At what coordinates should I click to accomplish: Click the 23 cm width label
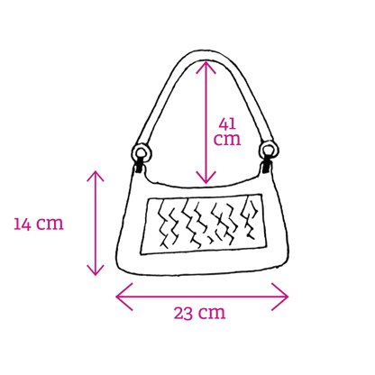(x=199, y=313)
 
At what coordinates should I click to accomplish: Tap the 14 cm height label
(x=39, y=224)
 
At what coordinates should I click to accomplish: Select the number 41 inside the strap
(x=227, y=123)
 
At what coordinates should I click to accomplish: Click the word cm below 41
(x=227, y=139)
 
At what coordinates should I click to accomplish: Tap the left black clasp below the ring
(x=139, y=167)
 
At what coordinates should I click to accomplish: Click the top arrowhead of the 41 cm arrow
(x=206, y=65)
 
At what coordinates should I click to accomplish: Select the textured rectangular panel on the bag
(x=204, y=224)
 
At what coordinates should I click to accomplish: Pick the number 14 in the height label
(x=23, y=224)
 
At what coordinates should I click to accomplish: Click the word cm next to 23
(x=213, y=314)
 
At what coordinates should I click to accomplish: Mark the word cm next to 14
(x=50, y=224)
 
